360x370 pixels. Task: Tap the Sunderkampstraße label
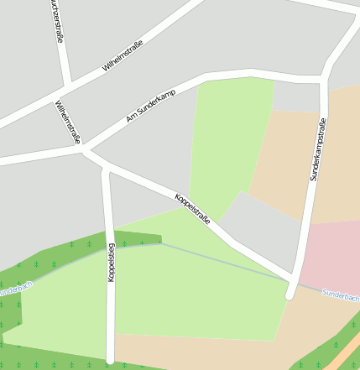click(317, 149)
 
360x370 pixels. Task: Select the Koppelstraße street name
click(192, 207)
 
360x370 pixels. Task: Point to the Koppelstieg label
click(111, 261)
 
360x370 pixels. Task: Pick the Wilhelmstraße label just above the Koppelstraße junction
click(68, 122)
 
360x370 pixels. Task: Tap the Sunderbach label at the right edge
click(341, 295)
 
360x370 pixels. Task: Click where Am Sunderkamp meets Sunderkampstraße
click(323, 81)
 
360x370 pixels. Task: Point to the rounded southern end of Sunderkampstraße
click(290, 294)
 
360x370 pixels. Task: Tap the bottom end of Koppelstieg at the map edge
click(110, 362)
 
